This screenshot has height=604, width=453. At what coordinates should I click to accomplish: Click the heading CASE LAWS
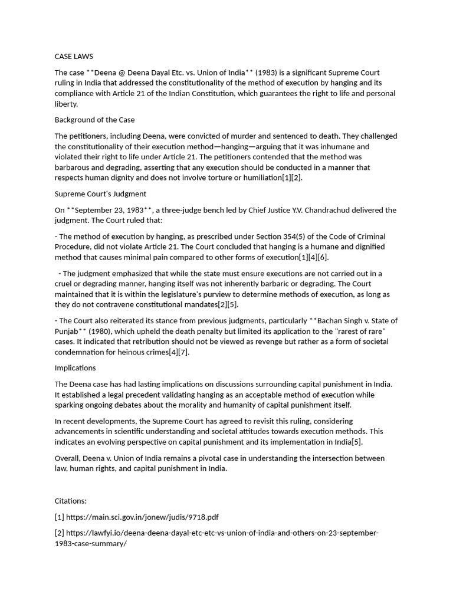(x=71, y=57)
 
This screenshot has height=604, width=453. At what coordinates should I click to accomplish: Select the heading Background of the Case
(x=94, y=120)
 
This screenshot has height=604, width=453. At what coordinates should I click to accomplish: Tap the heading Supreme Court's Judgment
(x=100, y=193)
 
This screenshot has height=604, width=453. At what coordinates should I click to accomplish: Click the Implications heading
(x=75, y=367)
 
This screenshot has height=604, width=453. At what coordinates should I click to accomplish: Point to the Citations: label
(x=70, y=501)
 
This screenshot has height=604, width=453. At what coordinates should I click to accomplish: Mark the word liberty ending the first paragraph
(x=65, y=104)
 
